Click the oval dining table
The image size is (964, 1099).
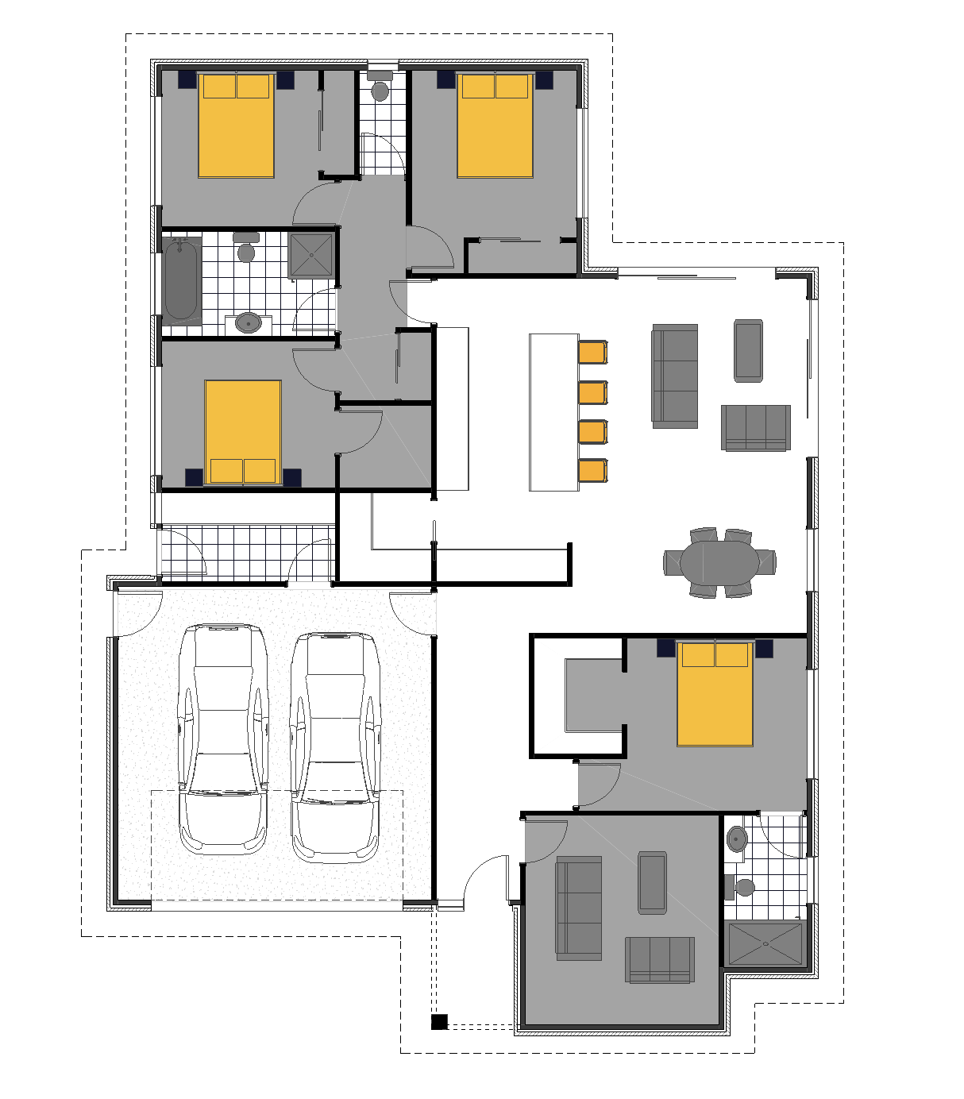point(719,562)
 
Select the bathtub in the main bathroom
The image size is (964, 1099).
point(181,280)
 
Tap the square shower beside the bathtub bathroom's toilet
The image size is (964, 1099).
point(310,255)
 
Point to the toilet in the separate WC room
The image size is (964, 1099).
point(380,91)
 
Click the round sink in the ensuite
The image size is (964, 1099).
point(737,839)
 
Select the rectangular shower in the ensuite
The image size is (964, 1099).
point(765,943)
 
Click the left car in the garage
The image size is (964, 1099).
point(223,738)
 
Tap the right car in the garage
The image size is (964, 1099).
point(335,746)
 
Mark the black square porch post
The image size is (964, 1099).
point(439,1022)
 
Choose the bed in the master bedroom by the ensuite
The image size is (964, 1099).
point(715,694)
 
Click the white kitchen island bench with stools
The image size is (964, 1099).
point(553,411)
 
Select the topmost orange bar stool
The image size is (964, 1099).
point(593,352)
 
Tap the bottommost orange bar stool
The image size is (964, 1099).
point(593,470)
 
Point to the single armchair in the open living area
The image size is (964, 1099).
point(748,350)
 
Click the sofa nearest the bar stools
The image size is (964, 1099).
point(675,376)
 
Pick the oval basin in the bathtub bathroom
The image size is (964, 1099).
point(249,322)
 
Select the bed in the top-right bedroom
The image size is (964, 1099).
point(495,125)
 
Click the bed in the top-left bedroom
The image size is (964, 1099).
point(236,125)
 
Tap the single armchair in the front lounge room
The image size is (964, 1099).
point(652,882)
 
